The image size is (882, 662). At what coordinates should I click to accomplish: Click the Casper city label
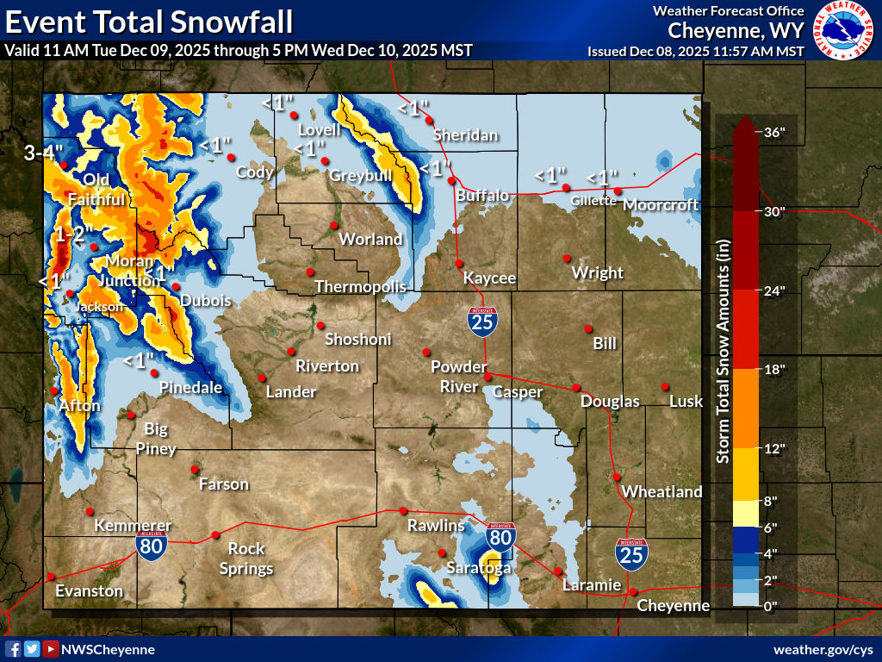click(x=518, y=392)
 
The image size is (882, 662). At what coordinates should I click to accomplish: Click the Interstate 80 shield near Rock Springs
click(x=152, y=546)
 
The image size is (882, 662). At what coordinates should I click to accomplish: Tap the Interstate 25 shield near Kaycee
click(x=482, y=322)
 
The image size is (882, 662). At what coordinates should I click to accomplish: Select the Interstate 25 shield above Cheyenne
click(x=631, y=554)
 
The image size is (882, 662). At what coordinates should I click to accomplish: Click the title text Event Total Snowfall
click(x=147, y=20)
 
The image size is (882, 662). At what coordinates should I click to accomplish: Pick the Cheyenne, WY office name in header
click(x=736, y=31)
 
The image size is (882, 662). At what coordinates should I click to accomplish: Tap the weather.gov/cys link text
click(x=823, y=649)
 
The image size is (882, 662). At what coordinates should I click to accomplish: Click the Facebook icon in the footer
click(x=14, y=649)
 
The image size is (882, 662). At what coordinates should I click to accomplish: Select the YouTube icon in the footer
click(x=51, y=649)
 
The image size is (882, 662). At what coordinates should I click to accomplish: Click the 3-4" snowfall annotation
click(x=44, y=154)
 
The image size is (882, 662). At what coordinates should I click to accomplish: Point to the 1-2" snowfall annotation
click(x=74, y=234)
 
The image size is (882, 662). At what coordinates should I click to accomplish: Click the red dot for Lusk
click(x=665, y=386)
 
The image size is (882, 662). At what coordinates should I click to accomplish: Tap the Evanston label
click(x=89, y=590)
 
